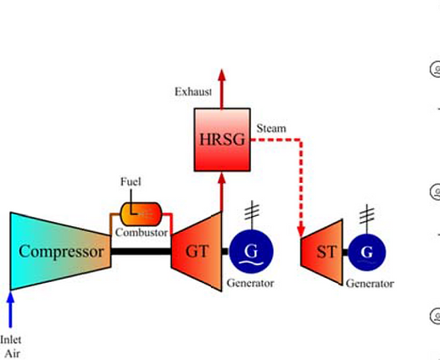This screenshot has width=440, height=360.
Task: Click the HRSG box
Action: (222, 140)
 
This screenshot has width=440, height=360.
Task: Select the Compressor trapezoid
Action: (60, 251)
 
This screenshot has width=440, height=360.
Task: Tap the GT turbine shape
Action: (197, 252)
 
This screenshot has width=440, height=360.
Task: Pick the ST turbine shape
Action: (322, 252)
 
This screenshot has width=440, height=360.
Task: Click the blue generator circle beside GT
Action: (251, 252)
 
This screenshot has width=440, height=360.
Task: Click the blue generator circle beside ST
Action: (367, 252)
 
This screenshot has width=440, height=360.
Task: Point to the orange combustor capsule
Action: (141, 214)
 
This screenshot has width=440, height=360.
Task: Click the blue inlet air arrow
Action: (10, 309)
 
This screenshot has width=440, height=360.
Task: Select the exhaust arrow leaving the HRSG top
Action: (222, 89)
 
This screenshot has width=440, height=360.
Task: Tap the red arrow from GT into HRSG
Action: (222, 192)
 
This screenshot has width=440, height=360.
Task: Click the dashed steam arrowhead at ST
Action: (301, 231)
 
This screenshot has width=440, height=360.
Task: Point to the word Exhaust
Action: (193, 91)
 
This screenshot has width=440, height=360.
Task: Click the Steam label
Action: (271, 129)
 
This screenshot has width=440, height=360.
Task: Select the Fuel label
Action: (131, 181)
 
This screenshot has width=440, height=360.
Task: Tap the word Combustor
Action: (142, 232)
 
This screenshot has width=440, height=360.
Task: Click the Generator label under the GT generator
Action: (250, 283)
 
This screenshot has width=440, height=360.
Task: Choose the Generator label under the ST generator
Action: (370, 283)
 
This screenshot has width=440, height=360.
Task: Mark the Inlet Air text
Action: (11, 346)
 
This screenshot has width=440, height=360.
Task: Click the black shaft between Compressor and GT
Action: (141, 252)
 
